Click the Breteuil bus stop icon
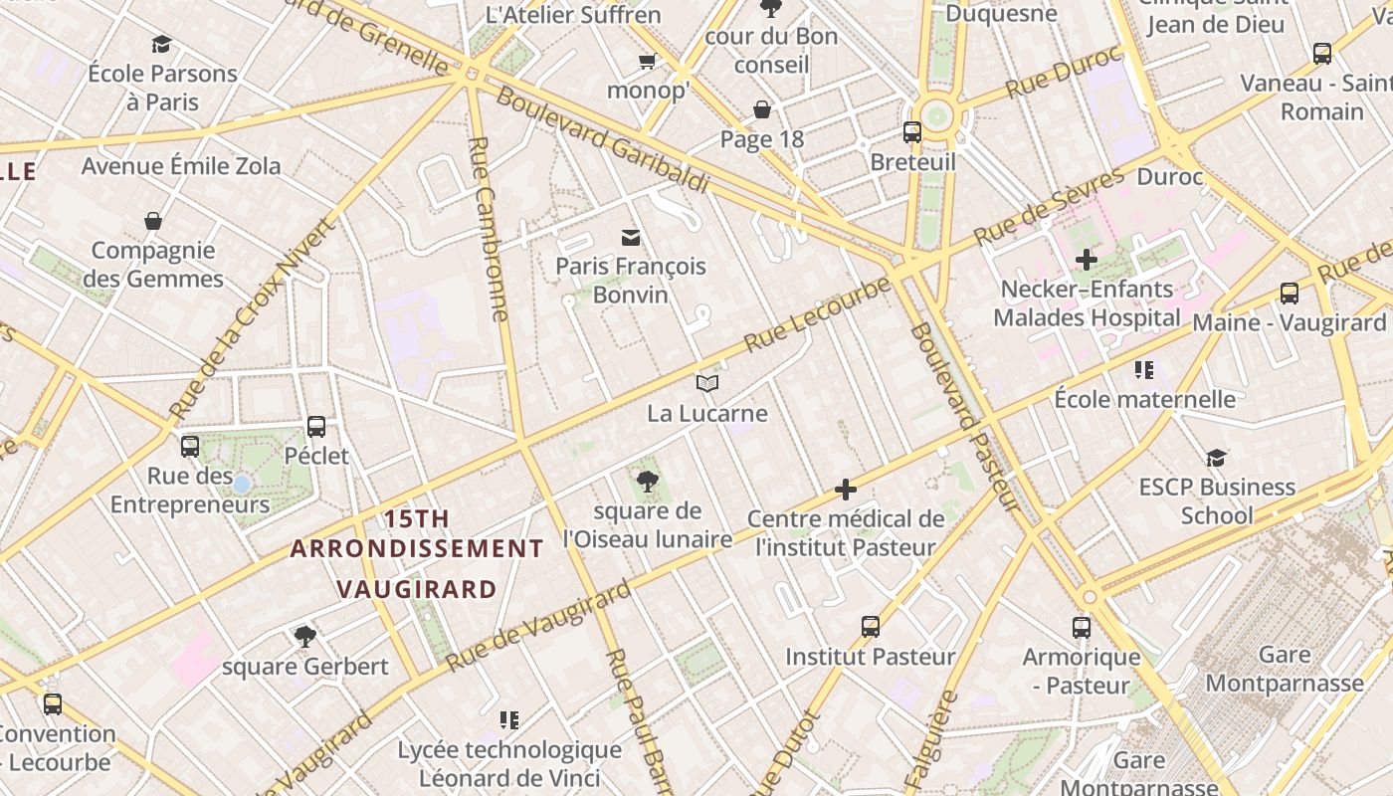click(x=911, y=131)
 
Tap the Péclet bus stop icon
click(x=316, y=426)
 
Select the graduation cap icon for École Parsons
click(x=161, y=44)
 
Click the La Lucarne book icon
click(x=706, y=383)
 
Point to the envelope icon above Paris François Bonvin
click(x=630, y=237)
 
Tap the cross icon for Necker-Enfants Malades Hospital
click(x=1086, y=260)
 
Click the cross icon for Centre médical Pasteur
click(x=845, y=489)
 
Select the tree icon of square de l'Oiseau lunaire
click(x=648, y=482)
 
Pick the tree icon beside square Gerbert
click(x=305, y=636)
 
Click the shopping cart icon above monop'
click(x=647, y=62)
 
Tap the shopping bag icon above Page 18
click(x=762, y=109)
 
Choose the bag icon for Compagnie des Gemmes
click(x=153, y=220)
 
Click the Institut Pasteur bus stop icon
click(x=871, y=627)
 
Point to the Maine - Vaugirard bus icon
click(x=1289, y=293)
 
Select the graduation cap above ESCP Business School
click(x=1216, y=458)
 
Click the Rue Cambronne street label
click(x=489, y=229)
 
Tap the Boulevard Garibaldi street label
click(x=601, y=139)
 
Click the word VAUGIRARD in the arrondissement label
click(x=416, y=589)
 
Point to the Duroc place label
click(x=1169, y=177)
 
